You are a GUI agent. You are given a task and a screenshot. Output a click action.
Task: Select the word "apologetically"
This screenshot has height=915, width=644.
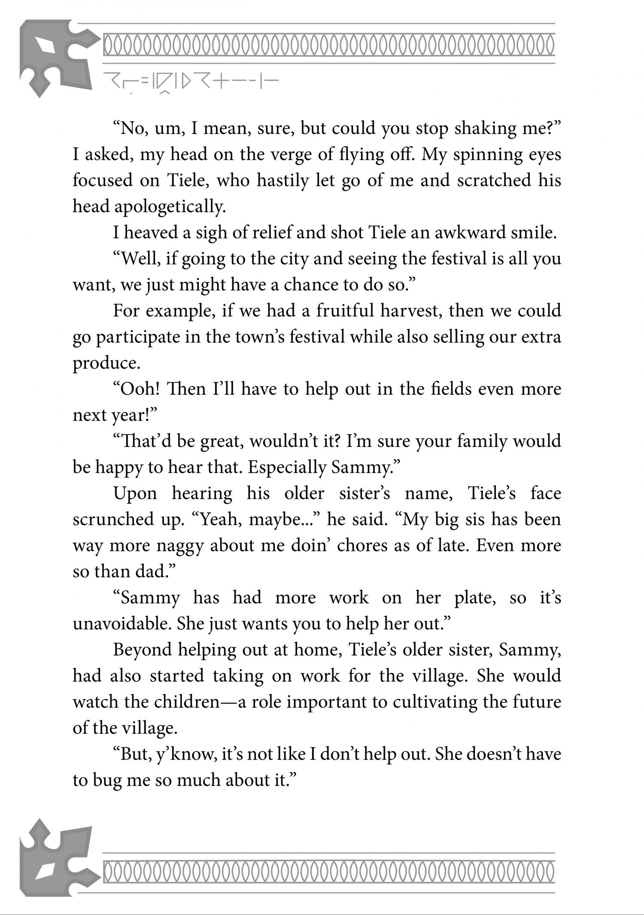pos(170,207)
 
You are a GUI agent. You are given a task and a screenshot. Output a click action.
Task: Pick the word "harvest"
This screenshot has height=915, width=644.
pos(411,311)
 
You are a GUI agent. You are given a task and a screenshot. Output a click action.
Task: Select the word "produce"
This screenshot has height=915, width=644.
pos(106,363)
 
